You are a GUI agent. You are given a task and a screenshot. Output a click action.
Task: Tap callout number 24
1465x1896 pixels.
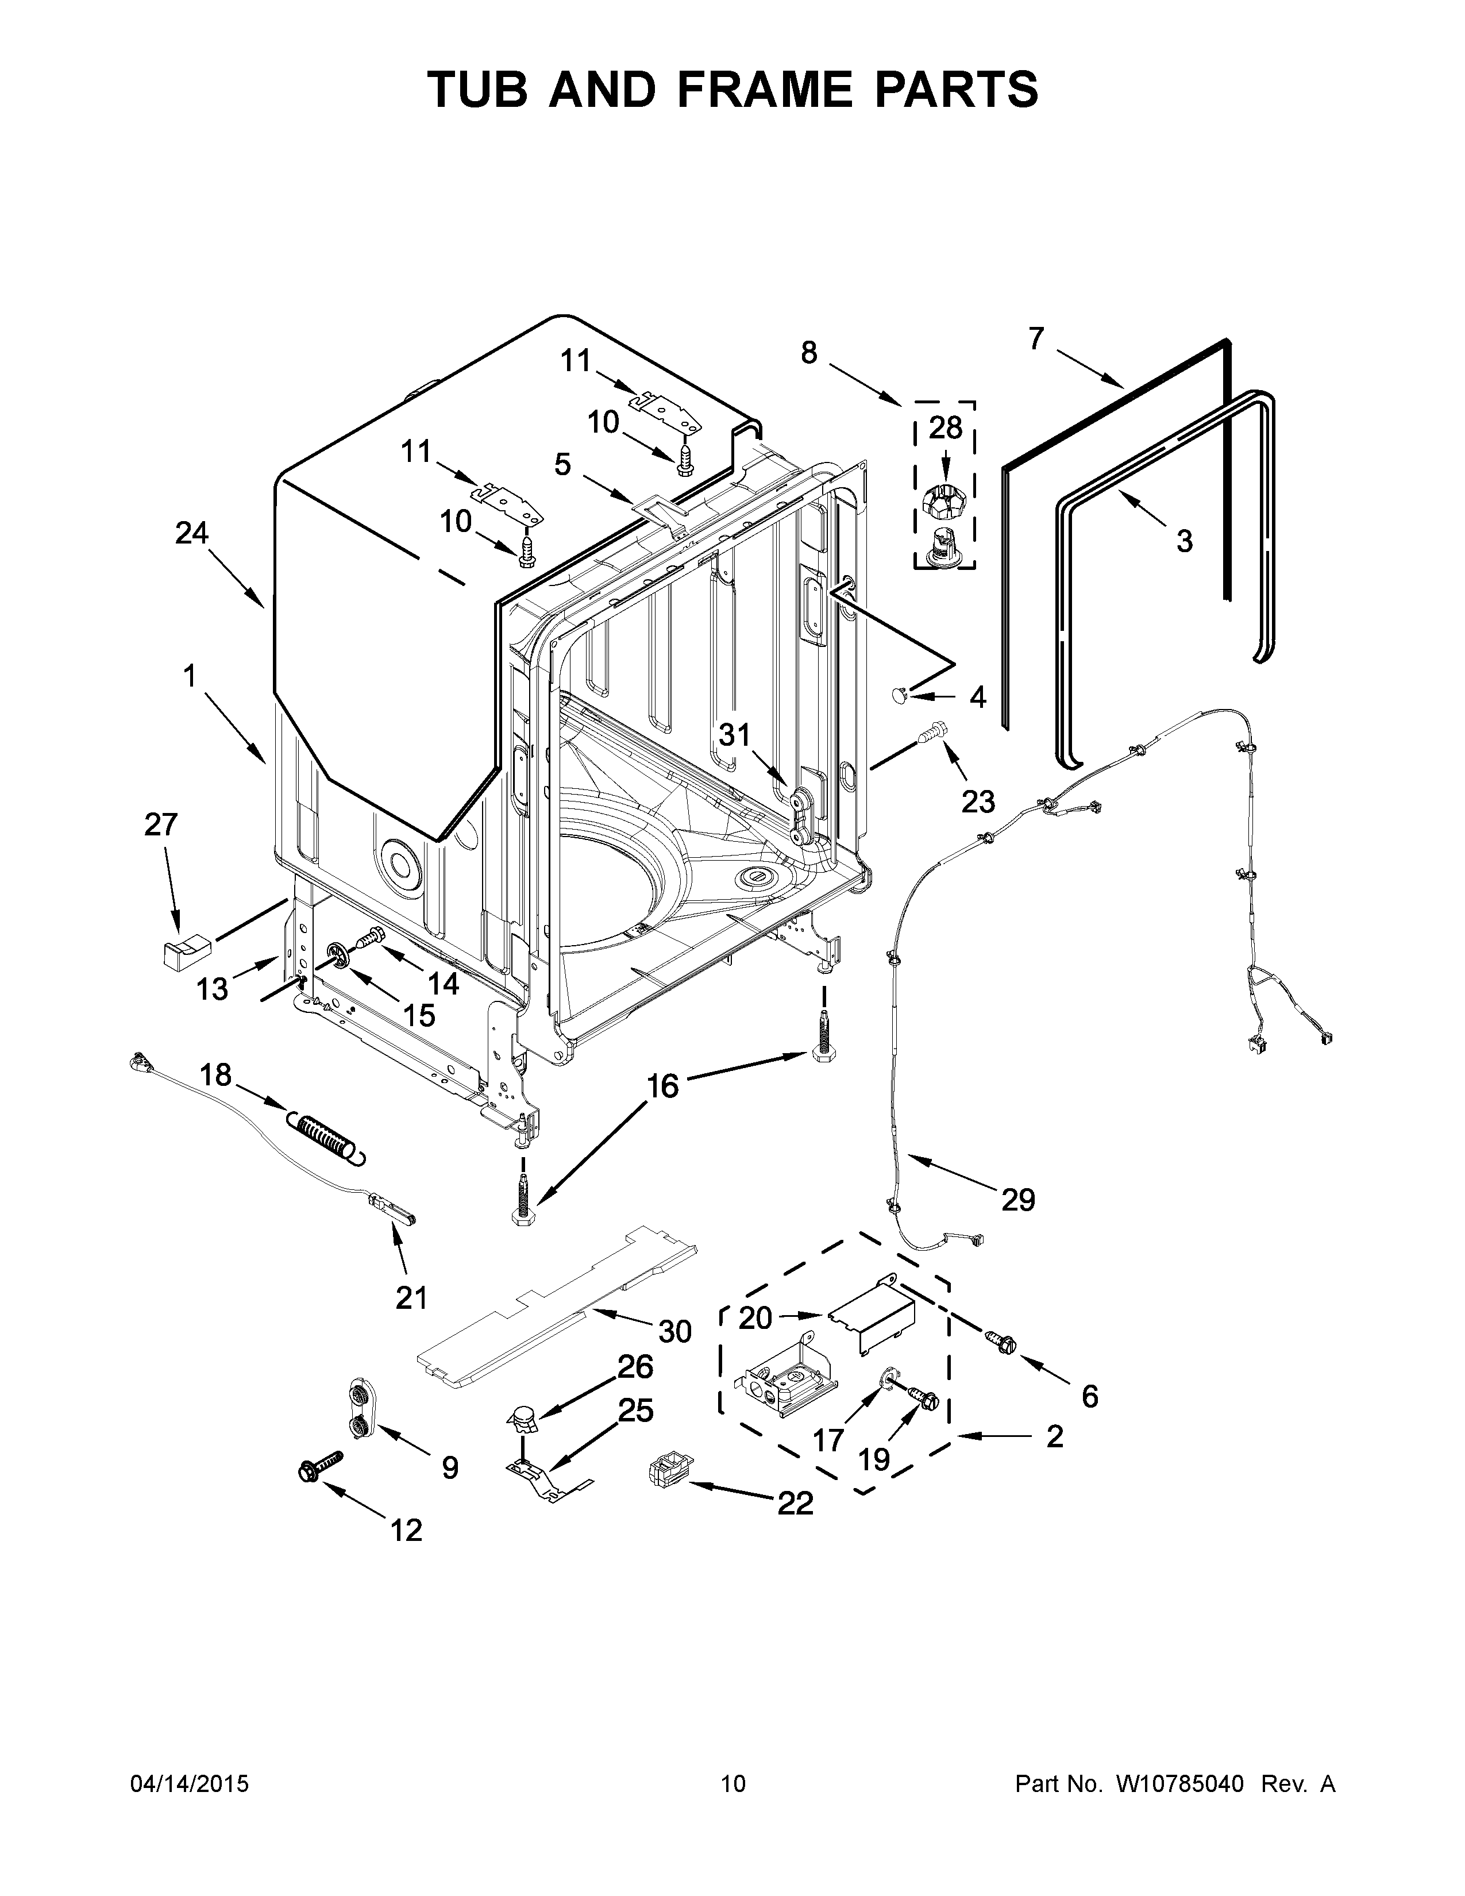click(x=192, y=533)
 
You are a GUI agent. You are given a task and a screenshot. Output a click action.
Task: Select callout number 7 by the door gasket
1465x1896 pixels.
click(x=1036, y=338)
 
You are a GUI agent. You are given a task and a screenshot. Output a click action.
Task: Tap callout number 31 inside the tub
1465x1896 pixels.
click(x=734, y=735)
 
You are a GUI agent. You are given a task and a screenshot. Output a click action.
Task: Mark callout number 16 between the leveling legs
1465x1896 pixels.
click(x=663, y=1085)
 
